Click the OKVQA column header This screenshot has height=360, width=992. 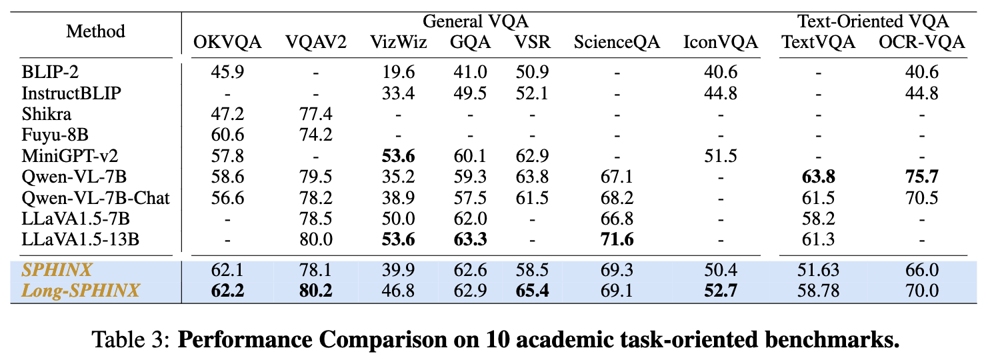pos(227,43)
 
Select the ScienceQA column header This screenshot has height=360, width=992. pos(617,43)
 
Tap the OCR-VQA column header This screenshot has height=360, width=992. pos(922,43)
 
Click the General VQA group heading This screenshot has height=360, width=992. pos(476,21)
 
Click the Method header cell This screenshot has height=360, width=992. pos(95,31)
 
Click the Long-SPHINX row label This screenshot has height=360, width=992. pos(81,291)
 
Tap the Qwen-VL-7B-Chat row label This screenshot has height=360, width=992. pos(96,197)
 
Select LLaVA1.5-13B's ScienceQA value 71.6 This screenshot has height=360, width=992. pos(617,239)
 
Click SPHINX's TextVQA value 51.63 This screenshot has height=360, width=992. pos(818,271)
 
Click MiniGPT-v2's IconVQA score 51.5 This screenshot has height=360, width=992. pos(720,155)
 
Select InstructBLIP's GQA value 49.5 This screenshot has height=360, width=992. pos(470,93)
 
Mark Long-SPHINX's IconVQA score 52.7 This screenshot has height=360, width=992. pos(720,291)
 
